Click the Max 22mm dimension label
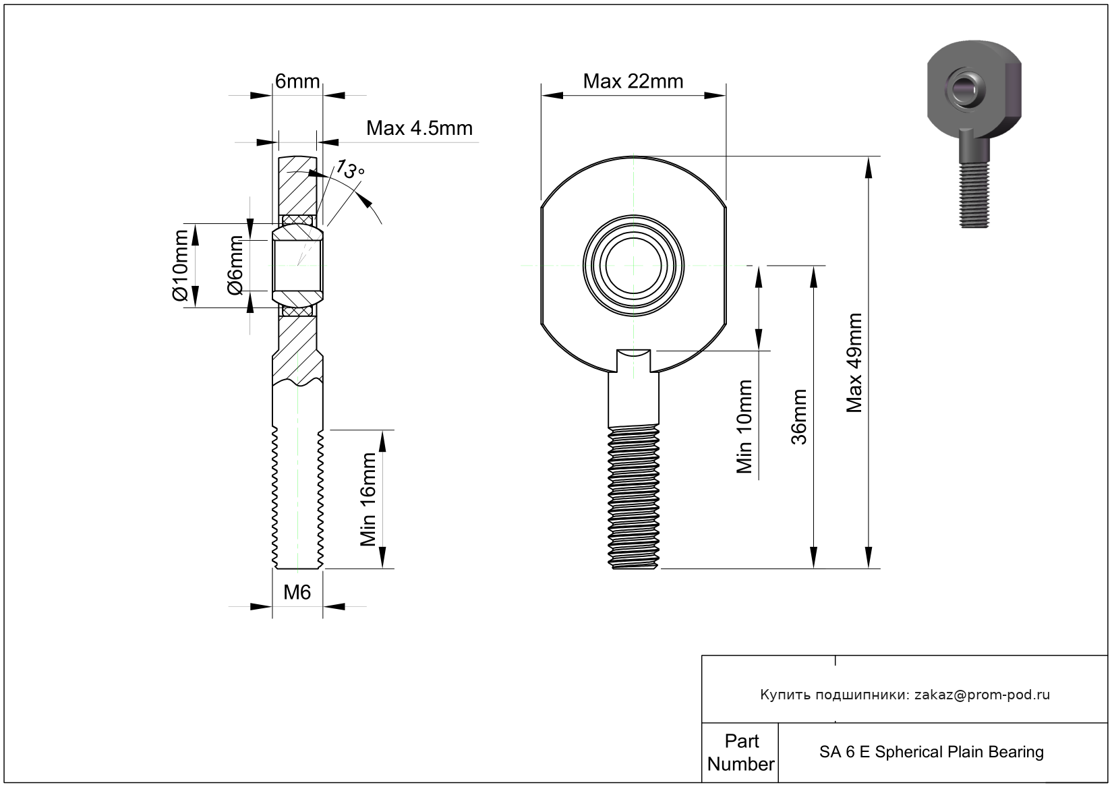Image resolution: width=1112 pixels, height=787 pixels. [633, 82]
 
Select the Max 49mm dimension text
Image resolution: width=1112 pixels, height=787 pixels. [854, 362]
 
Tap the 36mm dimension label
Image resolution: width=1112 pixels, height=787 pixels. [798, 417]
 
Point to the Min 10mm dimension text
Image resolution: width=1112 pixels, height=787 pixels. [744, 427]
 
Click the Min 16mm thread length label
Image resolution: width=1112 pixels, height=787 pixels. [368, 499]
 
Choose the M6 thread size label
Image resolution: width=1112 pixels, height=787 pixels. [297, 592]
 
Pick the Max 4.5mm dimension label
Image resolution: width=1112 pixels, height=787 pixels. [419, 128]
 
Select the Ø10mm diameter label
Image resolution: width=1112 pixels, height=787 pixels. [179, 266]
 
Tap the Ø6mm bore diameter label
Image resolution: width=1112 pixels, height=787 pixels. [235, 266]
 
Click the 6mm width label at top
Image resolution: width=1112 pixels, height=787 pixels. [297, 82]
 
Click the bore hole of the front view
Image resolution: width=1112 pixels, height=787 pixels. [633, 266]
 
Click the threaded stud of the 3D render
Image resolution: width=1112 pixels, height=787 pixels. [974, 196]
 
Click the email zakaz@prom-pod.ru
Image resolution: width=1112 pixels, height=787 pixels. [982, 695]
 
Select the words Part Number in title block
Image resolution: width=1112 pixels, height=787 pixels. [740, 753]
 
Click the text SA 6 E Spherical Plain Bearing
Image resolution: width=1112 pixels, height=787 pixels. [931, 752]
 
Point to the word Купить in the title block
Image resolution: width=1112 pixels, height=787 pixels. [785, 695]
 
